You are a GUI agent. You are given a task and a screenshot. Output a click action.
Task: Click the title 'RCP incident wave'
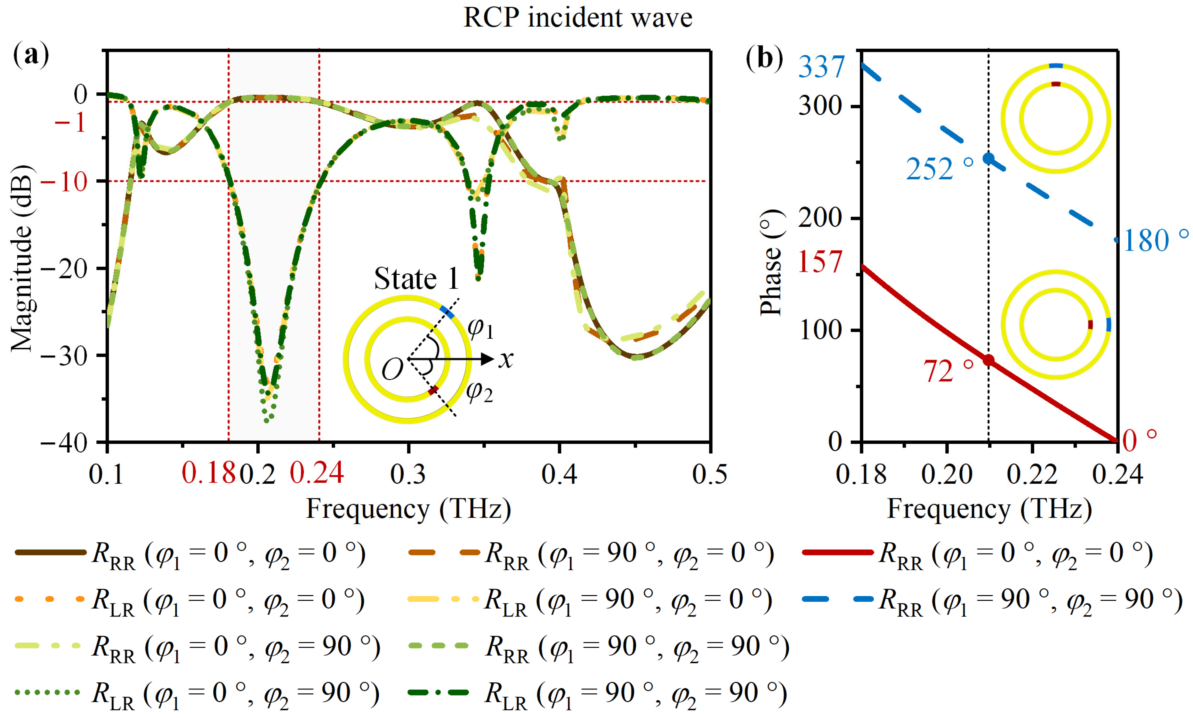pos(578,18)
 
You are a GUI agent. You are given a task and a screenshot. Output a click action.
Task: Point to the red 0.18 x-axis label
pos(208,473)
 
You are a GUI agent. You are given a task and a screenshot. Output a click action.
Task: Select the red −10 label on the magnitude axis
pos(64,183)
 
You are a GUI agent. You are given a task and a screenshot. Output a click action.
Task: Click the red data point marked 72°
pos(988,360)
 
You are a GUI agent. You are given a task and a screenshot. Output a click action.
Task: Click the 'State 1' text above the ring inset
pos(416,279)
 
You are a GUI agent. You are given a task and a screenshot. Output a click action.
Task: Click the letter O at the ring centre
pos(392,370)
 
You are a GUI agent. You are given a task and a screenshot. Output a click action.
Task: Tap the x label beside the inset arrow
pos(506,359)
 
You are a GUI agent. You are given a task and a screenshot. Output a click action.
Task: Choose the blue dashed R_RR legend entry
pos(992,600)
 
